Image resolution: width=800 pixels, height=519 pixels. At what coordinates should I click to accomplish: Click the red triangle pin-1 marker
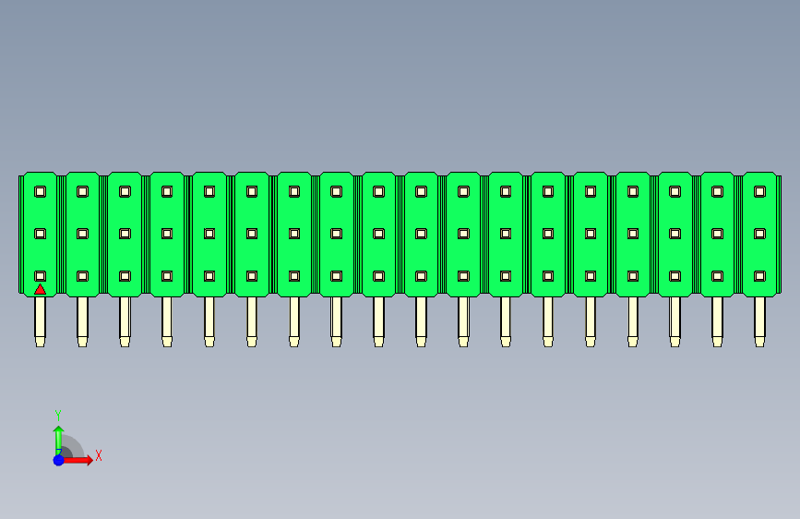pyautogui.click(x=40, y=290)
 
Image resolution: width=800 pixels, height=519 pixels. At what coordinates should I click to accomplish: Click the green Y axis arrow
pyautogui.click(x=58, y=439)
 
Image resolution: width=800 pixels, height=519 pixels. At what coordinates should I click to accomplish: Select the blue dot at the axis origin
pyautogui.click(x=59, y=460)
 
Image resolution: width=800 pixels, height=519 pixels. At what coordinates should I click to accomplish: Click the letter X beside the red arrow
pyautogui.click(x=99, y=455)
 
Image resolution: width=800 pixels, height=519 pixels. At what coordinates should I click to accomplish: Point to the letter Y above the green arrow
pyautogui.click(x=58, y=416)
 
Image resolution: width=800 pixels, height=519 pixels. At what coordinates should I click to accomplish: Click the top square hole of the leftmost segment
pyautogui.click(x=41, y=191)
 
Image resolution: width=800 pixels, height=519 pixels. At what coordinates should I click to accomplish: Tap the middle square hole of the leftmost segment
pyautogui.click(x=41, y=234)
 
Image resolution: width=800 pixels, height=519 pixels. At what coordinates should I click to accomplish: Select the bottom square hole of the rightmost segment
pyautogui.click(x=759, y=276)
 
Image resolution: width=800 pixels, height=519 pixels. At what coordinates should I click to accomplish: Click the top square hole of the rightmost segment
pyautogui.click(x=759, y=191)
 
